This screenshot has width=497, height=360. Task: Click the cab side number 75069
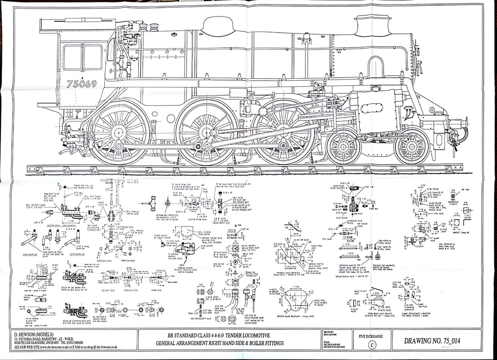[x=82, y=84]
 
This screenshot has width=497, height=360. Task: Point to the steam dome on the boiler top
[x=218, y=27]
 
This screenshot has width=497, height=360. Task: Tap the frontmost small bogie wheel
[x=411, y=146]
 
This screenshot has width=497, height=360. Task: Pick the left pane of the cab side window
[x=72, y=57]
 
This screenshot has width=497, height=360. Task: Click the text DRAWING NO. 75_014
[x=431, y=341]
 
